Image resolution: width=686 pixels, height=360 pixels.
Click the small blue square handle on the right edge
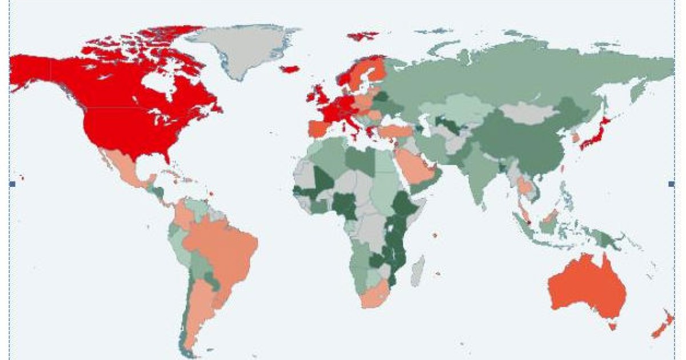pyautogui.click(x=671, y=183)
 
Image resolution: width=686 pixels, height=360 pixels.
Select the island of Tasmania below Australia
pyautogui.click(x=613, y=326)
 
